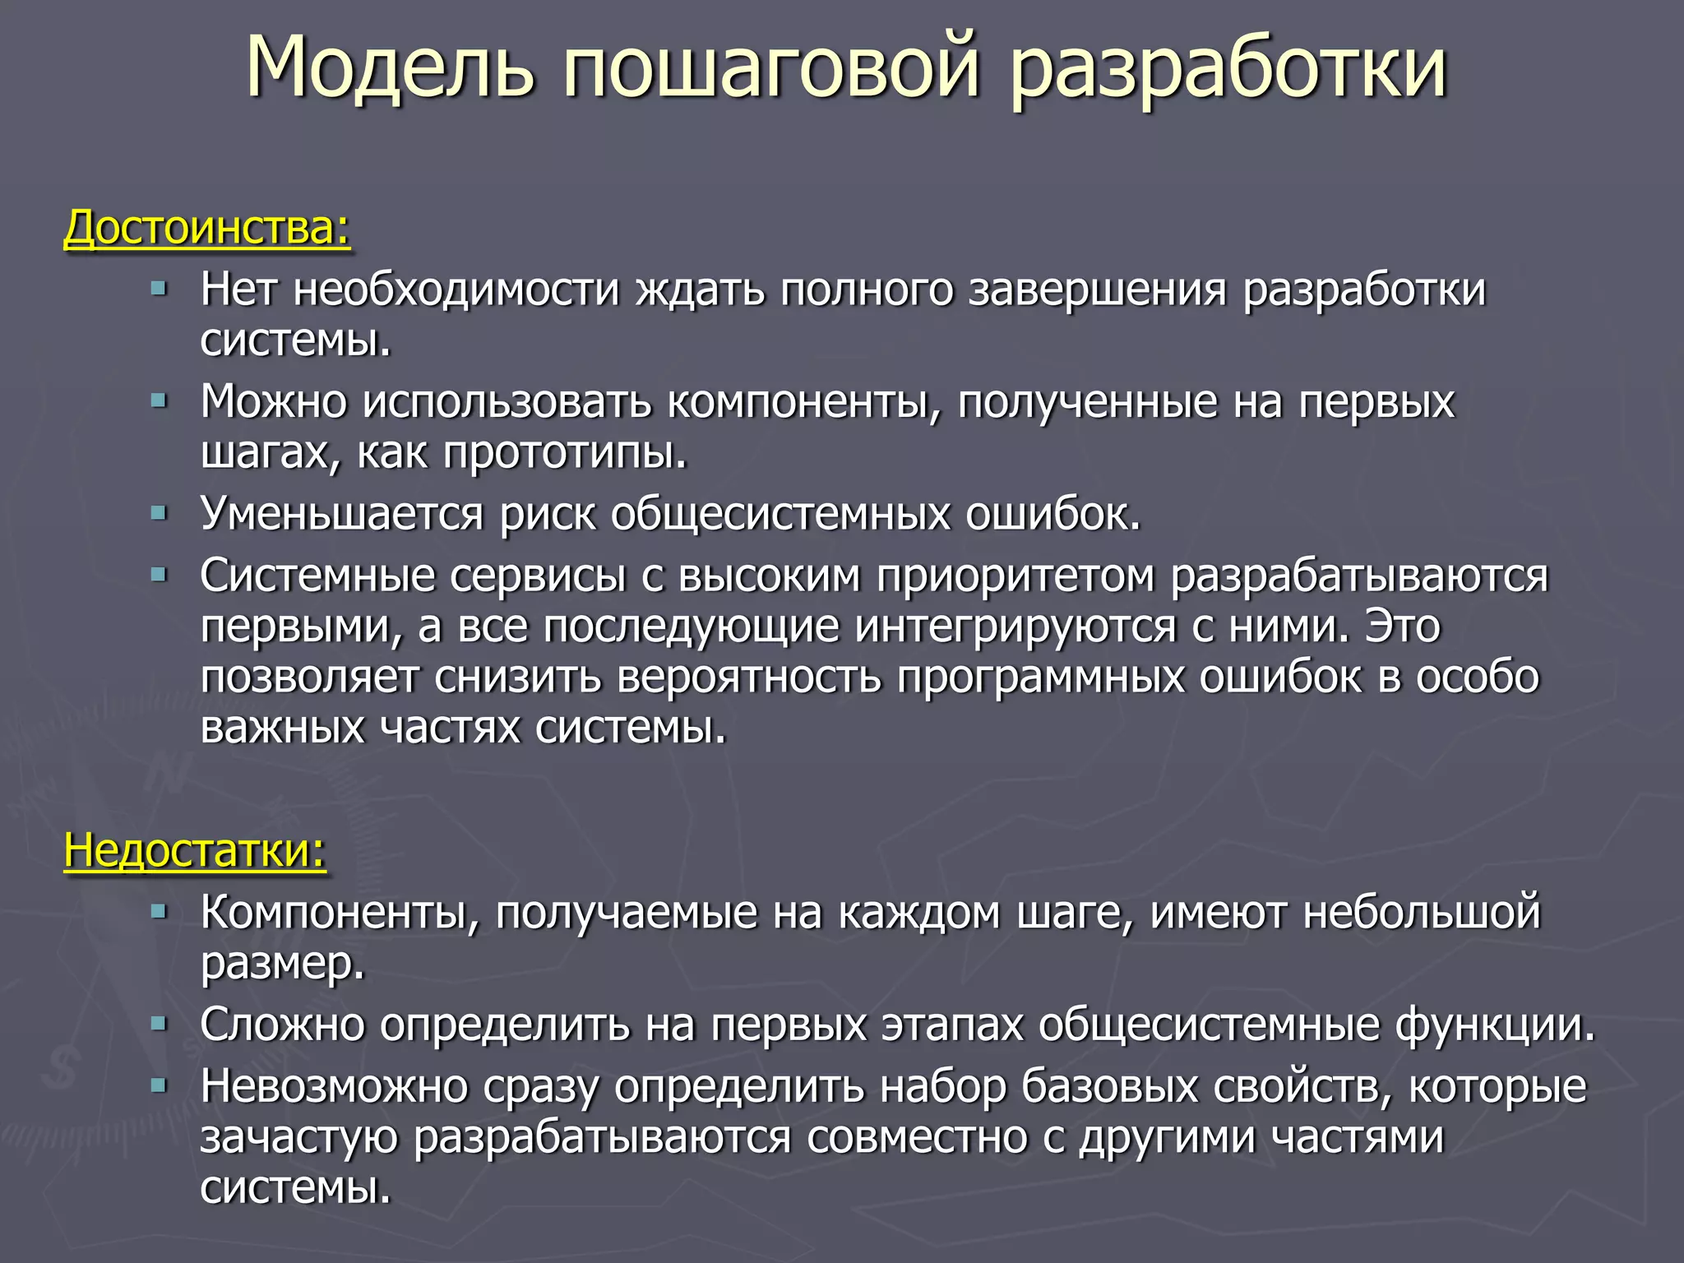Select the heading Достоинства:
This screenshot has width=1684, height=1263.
click(207, 228)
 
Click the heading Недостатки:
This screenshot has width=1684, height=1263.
click(195, 850)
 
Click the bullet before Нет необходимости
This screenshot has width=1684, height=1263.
click(159, 289)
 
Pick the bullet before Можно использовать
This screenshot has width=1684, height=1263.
click(159, 401)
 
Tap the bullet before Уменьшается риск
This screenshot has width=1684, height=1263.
click(159, 514)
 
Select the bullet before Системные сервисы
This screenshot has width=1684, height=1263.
click(159, 575)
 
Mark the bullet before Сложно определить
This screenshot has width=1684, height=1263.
click(159, 1025)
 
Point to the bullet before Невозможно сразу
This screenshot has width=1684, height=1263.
click(159, 1086)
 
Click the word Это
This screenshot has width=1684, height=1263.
click(1402, 627)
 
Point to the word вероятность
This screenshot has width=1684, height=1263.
click(749, 678)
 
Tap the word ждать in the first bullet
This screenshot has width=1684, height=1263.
click(700, 290)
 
